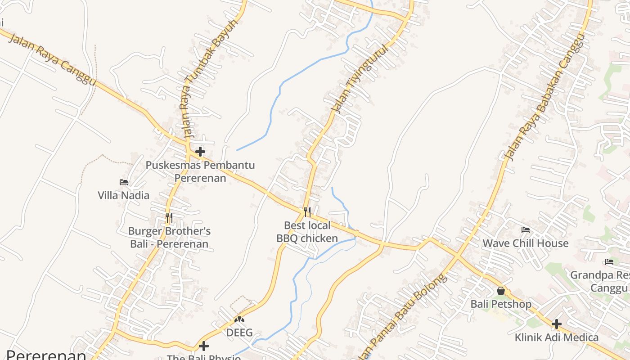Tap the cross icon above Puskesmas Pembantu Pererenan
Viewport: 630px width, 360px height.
coord(200,152)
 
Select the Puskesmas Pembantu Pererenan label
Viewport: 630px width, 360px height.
coord(200,171)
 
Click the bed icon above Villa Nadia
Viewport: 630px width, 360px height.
coord(124,182)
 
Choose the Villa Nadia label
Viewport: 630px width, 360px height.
coord(124,195)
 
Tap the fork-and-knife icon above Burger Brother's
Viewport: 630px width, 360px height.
coord(169,218)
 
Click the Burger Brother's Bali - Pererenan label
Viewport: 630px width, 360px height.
coord(169,238)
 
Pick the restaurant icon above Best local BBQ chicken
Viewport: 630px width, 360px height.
coord(307,211)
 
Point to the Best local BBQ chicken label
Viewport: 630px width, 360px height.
coord(307,232)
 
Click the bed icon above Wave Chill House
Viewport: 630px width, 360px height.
coord(525,230)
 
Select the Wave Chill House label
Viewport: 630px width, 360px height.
coord(525,243)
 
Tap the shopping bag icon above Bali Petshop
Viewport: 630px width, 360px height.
coord(501,291)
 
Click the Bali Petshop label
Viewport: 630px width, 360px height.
coord(501,304)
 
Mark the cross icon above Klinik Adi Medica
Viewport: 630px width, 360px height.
coord(557,324)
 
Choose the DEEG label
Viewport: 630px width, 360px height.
coord(239,333)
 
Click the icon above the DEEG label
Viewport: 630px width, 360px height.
coord(239,319)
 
